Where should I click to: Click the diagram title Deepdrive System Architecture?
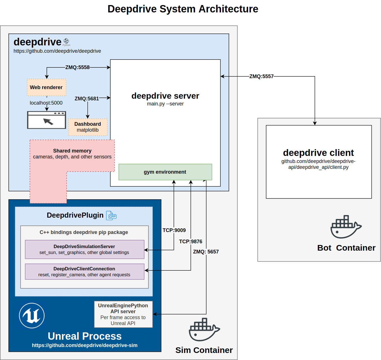point(183,9)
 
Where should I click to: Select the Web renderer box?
point(47,87)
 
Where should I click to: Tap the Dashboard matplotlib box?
point(88,127)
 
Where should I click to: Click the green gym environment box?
point(165,172)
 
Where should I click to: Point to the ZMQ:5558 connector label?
point(77,67)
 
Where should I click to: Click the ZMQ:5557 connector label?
point(261,76)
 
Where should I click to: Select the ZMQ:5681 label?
point(87,99)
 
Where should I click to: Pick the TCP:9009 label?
point(174,230)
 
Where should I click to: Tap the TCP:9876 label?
point(190,242)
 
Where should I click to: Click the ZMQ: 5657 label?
point(206,252)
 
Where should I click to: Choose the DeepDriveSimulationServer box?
point(84,249)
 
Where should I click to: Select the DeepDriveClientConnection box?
point(84,272)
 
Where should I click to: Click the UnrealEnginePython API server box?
point(123,314)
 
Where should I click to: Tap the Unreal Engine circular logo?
point(32,315)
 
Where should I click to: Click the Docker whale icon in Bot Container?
point(346,227)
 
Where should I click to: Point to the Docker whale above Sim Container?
point(204,330)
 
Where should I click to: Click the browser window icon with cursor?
point(47,120)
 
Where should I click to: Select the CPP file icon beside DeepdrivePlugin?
point(111,216)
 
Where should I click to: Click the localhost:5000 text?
point(46,103)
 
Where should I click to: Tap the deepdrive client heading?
point(318,153)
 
